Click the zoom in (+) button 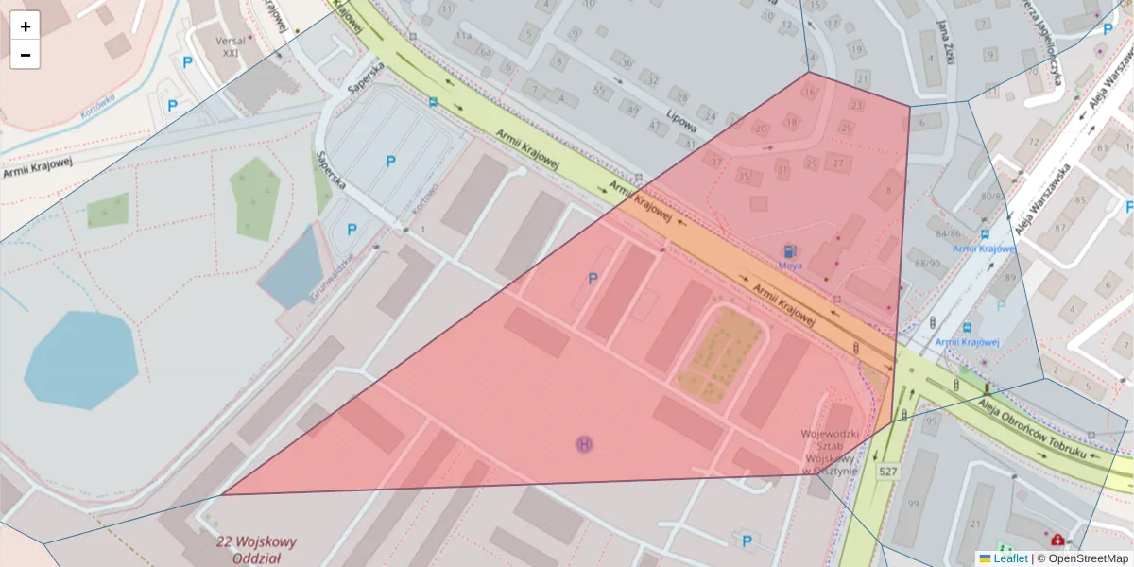tap(26, 26)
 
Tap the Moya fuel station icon tap(788, 251)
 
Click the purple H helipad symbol tap(585, 443)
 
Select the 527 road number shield tap(887, 471)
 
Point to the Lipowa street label tap(681, 124)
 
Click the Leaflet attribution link tap(1010, 558)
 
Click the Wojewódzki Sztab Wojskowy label tap(829, 452)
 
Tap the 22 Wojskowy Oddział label tap(256, 550)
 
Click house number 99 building tap(913, 504)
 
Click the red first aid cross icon tap(1056, 540)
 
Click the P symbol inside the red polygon tap(593, 278)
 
